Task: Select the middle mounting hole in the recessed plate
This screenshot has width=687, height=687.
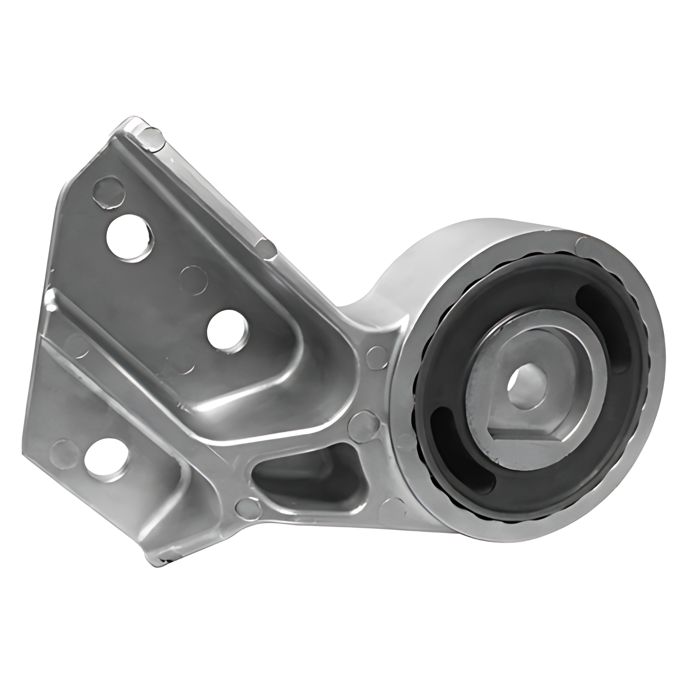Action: (x=227, y=332)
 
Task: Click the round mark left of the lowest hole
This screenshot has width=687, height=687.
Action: (x=63, y=452)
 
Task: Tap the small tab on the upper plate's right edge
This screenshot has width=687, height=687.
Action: (x=266, y=248)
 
